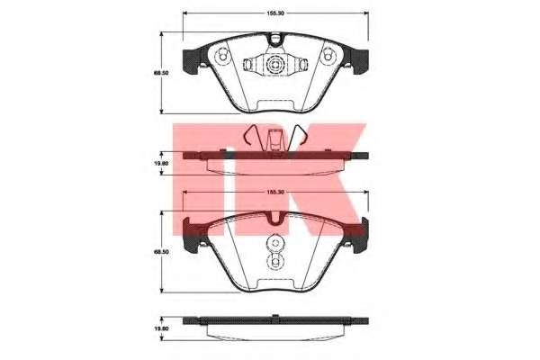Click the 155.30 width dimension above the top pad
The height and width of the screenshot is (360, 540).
click(x=275, y=13)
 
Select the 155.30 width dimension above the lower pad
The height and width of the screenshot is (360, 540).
click(x=275, y=193)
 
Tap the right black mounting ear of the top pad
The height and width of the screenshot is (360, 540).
click(x=360, y=61)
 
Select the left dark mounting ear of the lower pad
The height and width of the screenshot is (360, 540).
click(x=192, y=235)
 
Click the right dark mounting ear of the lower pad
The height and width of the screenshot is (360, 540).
click(x=359, y=235)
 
